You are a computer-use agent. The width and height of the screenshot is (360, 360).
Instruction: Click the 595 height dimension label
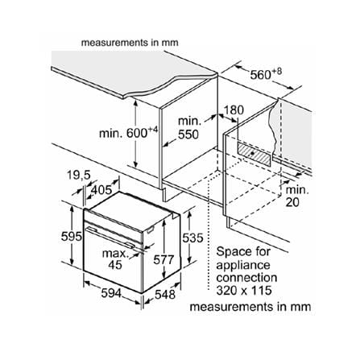[71, 237]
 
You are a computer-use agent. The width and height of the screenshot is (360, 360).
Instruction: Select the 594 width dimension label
[111, 293]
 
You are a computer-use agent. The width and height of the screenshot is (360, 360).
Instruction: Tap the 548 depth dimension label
[165, 295]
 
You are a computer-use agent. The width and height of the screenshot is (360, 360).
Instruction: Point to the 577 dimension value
[163, 259]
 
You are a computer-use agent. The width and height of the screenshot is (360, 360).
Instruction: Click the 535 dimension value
[192, 238]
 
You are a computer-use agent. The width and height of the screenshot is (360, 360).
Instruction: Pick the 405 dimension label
[101, 190]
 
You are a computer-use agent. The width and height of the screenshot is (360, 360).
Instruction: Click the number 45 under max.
[115, 265]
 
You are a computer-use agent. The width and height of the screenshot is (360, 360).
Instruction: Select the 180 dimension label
[234, 110]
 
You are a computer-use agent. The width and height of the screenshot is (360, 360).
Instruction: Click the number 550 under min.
[188, 134]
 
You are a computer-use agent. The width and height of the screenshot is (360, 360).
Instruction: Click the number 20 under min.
[292, 202]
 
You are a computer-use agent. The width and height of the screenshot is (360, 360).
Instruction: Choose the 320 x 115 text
[244, 290]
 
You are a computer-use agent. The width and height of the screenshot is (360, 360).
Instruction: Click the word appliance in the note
[243, 265]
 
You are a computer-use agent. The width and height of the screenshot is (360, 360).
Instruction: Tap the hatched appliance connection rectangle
[254, 154]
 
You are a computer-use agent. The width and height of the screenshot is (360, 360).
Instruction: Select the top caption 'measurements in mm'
[130, 43]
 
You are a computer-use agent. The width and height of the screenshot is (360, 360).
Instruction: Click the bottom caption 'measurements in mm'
[250, 307]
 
